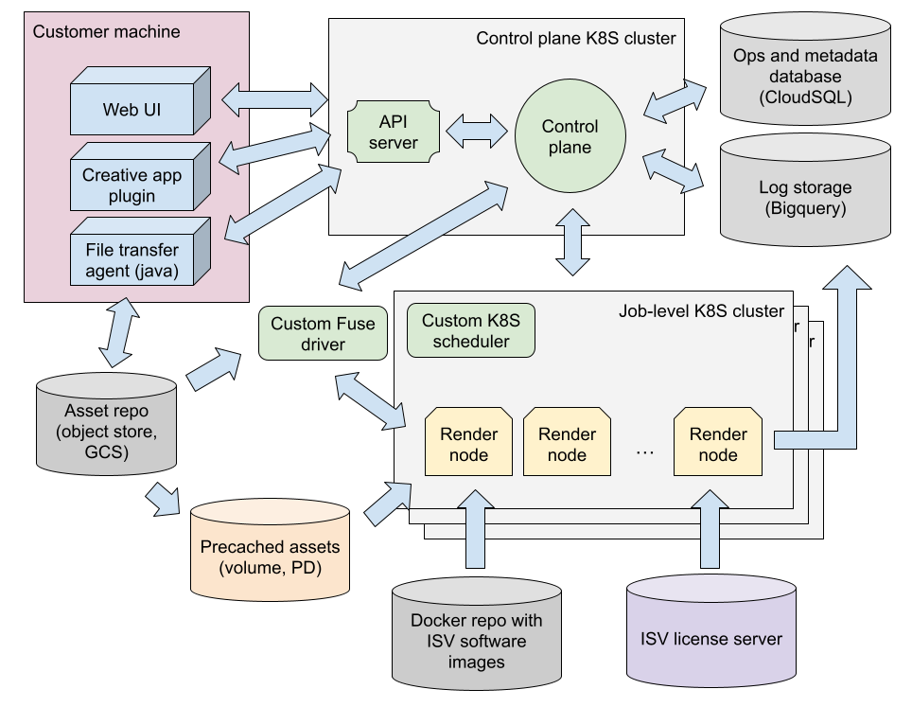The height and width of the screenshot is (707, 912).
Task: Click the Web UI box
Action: point(132,109)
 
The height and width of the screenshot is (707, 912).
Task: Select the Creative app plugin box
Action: point(132,186)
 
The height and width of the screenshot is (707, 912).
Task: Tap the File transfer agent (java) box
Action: point(132,258)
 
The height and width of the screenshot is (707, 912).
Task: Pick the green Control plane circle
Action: point(570,136)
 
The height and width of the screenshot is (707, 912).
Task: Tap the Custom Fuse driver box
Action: point(323,334)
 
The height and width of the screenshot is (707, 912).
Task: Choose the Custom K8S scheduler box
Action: point(470,331)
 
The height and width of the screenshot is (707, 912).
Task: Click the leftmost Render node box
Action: point(468,444)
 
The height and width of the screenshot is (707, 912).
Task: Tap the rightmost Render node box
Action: point(718,444)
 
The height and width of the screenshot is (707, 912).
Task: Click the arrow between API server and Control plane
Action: point(477,132)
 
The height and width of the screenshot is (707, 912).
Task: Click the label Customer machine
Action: point(106,31)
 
